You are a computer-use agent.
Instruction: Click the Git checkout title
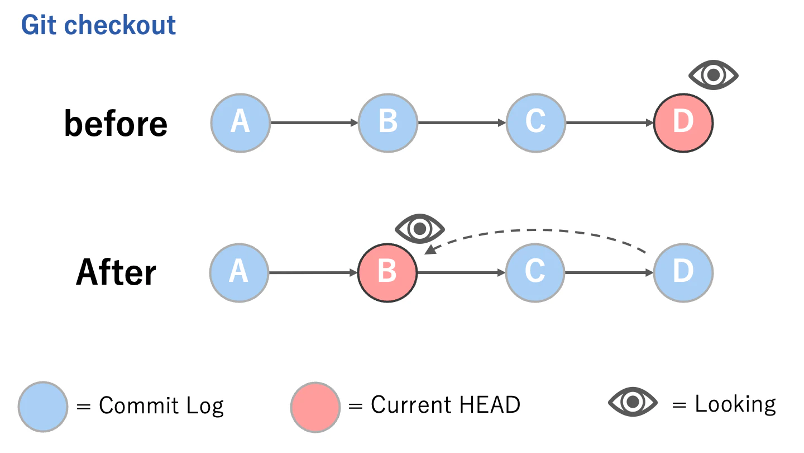click(98, 25)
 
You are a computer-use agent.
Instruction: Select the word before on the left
click(116, 123)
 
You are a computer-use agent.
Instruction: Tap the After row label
click(116, 272)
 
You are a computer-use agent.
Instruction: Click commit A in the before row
click(240, 122)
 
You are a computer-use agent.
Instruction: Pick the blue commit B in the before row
click(387, 122)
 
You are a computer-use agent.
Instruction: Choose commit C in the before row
click(535, 122)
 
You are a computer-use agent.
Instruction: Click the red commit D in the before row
click(683, 122)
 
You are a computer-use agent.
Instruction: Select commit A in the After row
click(239, 272)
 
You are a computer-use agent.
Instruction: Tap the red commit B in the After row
click(387, 272)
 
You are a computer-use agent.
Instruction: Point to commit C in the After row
click(535, 272)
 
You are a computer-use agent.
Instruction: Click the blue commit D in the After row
click(683, 272)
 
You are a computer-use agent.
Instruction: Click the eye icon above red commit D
click(713, 75)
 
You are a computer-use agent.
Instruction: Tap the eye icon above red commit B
click(419, 228)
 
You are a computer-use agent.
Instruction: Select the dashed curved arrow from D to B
click(536, 230)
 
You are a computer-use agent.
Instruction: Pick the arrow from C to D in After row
click(609, 272)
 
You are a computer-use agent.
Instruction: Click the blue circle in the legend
click(43, 406)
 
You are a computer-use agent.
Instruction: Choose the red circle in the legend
click(315, 406)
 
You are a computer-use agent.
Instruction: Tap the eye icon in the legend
click(633, 402)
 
